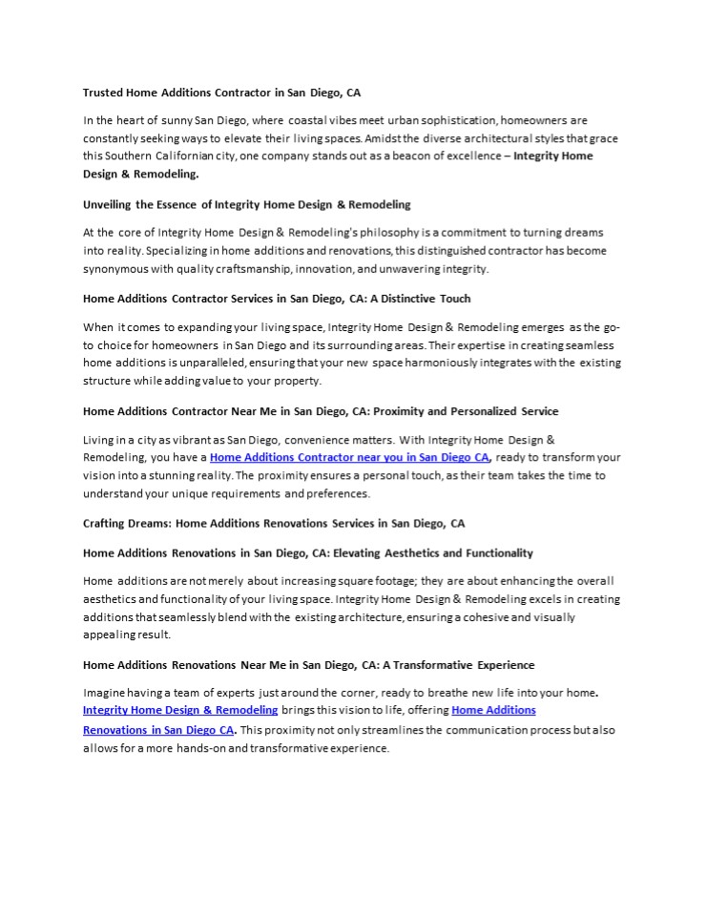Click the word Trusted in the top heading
104,93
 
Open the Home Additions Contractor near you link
349,457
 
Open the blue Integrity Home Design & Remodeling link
180,711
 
